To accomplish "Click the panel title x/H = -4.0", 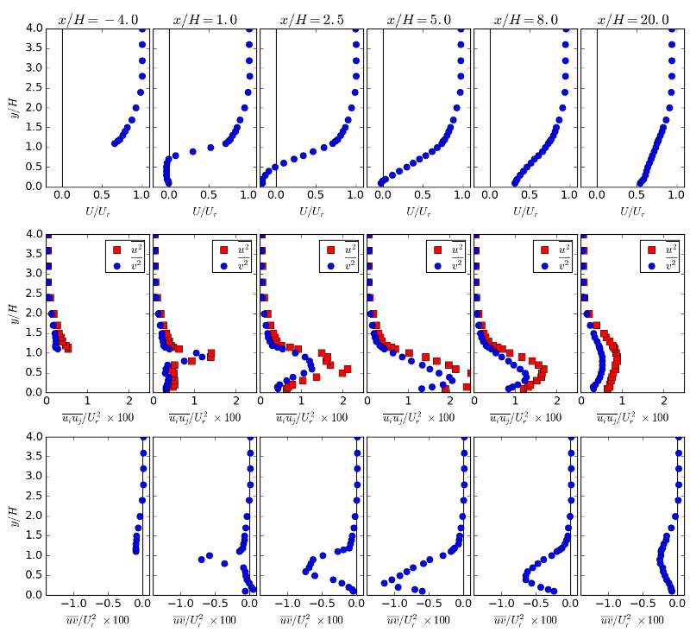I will [x=96, y=19].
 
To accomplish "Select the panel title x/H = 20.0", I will [x=632, y=19].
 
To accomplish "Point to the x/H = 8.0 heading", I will [x=524, y=19].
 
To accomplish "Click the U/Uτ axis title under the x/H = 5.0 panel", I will [x=417, y=210].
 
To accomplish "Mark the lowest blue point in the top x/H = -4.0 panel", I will [x=115, y=142].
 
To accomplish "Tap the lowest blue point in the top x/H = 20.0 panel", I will [x=640, y=182].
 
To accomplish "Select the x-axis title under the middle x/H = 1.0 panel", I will [x=203, y=416].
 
